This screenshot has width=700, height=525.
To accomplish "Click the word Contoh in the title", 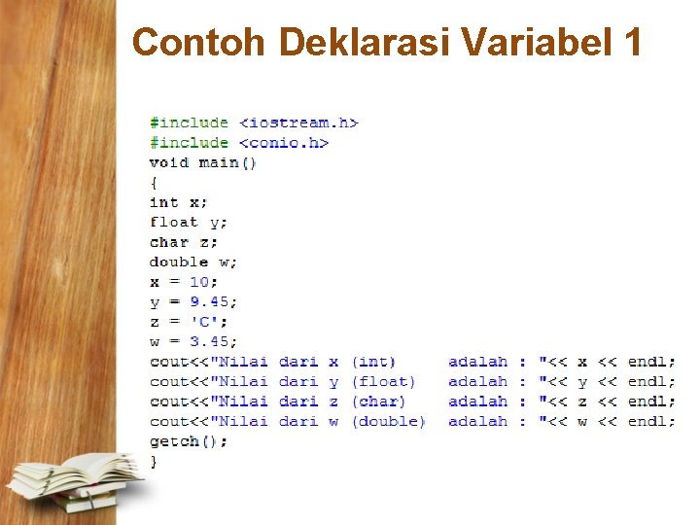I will (199, 43).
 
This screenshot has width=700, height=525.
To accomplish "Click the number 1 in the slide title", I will (632, 43).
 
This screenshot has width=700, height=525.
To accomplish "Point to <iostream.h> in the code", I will (298, 122).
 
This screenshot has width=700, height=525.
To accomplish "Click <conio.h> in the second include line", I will (284, 143).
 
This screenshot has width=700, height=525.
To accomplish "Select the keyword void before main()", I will (169, 162).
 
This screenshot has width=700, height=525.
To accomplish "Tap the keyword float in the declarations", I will (174, 222).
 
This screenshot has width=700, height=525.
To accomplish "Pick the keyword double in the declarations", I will (179, 262).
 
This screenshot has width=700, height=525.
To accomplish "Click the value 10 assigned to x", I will (199, 282).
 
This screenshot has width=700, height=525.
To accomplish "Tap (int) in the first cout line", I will (373, 362).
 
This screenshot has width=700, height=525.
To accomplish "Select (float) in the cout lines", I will (383, 382).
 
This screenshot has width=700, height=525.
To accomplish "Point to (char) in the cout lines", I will (378, 402).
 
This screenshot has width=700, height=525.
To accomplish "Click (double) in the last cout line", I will (388, 422).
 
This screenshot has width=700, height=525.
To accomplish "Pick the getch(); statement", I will (189, 441).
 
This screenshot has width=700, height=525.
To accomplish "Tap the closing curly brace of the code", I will (153, 462).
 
